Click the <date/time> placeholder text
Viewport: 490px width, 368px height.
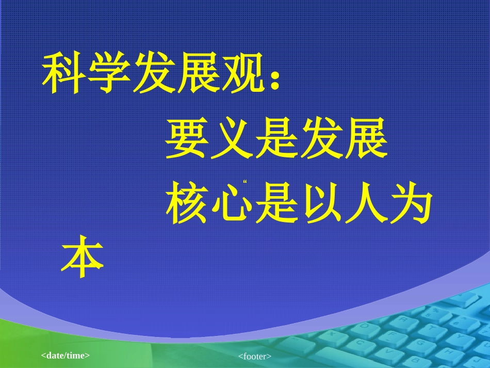[66, 355]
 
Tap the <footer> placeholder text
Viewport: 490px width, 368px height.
[255, 356]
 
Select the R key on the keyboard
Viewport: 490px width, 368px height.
[403, 320]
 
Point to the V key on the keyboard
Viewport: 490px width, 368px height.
[389, 352]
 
